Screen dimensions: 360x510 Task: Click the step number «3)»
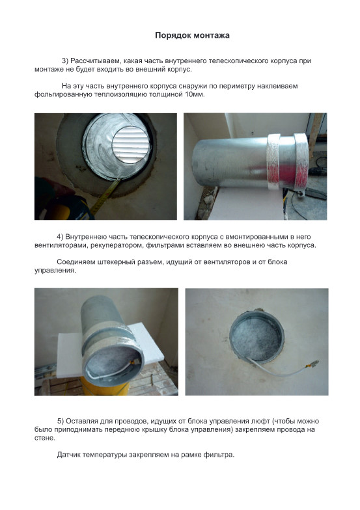pyautogui.click(x=65, y=61)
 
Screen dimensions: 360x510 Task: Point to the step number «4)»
pyautogui.click(x=60, y=237)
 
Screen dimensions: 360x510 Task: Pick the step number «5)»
pyautogui.click(x=61, y=422)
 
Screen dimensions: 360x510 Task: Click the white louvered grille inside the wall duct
pyautogui.click(x=131, y=144)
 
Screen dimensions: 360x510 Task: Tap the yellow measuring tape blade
pyautogui.click(x=105, y=196)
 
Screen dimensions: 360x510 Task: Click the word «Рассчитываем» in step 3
pyautogui.click(x=95, y=61)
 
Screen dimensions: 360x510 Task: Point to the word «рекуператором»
pyautogui.click(x=117, y=246)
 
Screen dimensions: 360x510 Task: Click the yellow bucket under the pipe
pyautogui.click(x=105, y=388)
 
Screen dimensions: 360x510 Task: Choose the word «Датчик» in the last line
pyautogui.click(x=69, y=455)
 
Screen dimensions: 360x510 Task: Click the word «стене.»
pyautogui.click(x=45, y=438)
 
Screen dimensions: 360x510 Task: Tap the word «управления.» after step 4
pyautogui.click(x=55, y=271)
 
